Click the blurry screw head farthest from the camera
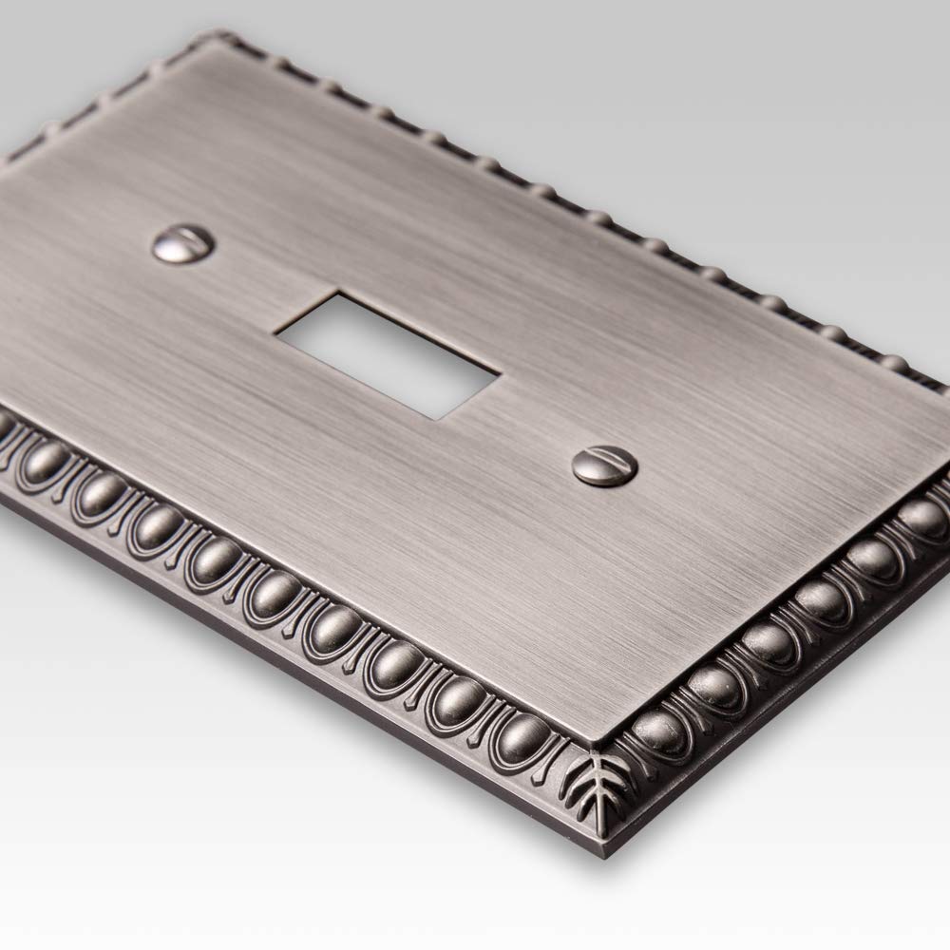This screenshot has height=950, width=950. [183, 244]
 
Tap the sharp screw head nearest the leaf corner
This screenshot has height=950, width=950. [604, 465]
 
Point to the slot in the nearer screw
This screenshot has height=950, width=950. [605, 464]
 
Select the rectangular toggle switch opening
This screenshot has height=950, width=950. [387, 353]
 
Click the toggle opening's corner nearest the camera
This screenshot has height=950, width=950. [432, 418]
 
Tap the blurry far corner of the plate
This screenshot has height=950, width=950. [204, 38]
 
